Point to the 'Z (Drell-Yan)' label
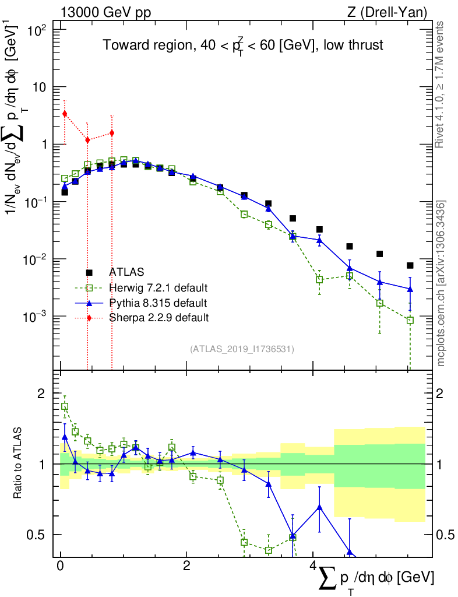coord(395,12)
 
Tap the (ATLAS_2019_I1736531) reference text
coord(242,349)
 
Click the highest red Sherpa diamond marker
coord(65,114)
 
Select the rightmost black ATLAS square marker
coord(410,265)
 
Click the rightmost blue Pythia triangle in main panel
coord(410,289)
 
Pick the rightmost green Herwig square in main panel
coord(410,320)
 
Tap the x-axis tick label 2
coord(186,567)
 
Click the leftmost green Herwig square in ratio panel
coord(65,406)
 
